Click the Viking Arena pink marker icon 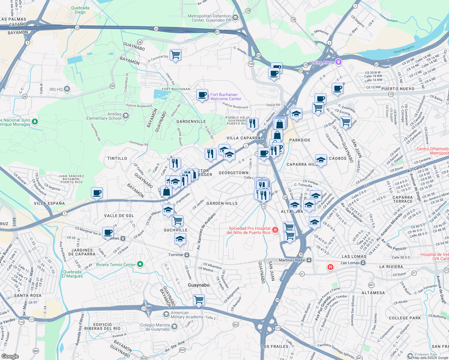point(339,62)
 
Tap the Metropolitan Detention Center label point(209,18)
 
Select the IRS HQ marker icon point(67,89)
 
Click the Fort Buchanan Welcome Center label point(226,97)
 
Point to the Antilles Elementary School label point(104,116)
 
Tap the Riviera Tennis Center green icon point(140,264)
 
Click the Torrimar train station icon point(187,255)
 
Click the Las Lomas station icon point(363,263)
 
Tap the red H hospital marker point(330,267)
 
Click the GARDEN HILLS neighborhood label point(222,203)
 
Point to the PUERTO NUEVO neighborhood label point(398,89)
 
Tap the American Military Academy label point(187,315)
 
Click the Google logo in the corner point(10,356)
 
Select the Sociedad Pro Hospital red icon point(275,230)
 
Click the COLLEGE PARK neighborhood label point(405,318)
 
